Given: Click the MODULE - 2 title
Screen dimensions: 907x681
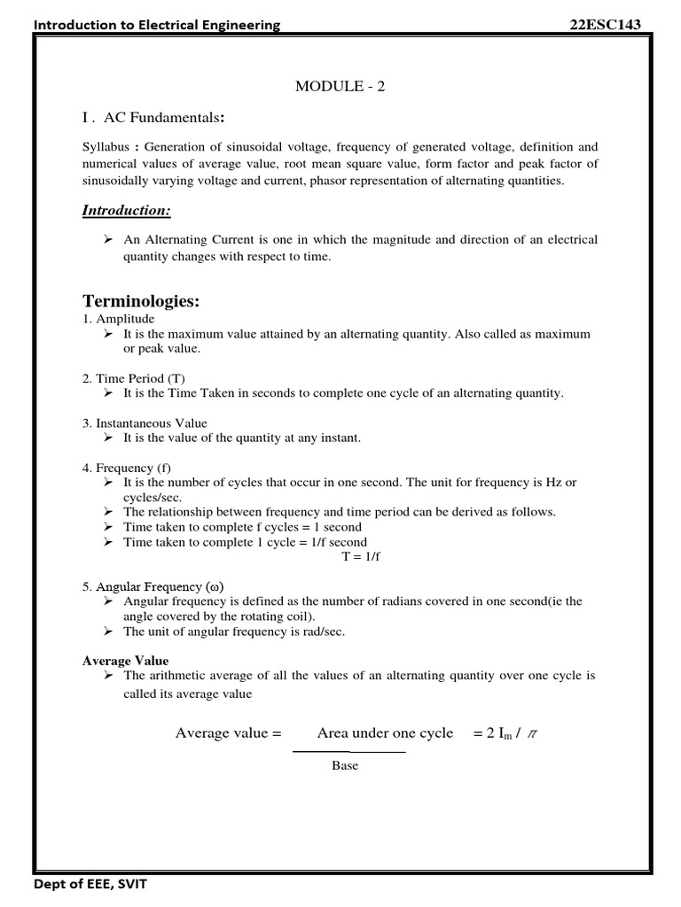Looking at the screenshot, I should pos(340,86).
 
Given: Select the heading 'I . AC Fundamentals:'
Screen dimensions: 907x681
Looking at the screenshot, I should pos(153,118).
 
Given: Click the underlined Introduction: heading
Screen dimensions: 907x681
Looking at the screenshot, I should pos(126,210).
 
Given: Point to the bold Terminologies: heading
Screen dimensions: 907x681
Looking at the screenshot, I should pos(141,301).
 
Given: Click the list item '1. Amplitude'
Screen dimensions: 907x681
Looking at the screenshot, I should pos(118,319).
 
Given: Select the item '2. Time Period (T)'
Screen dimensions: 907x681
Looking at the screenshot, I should pos(134,378).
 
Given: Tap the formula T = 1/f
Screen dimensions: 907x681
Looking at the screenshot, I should pos(361,556).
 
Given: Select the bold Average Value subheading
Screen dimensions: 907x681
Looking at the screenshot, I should pos(125,661).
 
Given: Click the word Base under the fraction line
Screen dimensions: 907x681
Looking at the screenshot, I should pos(345,765).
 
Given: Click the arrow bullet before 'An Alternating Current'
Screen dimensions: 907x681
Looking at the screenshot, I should pos(107,240).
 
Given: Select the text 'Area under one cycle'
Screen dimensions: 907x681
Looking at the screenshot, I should pos(385,733).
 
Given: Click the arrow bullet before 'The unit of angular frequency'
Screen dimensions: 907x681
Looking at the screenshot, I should pos(107,632).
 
